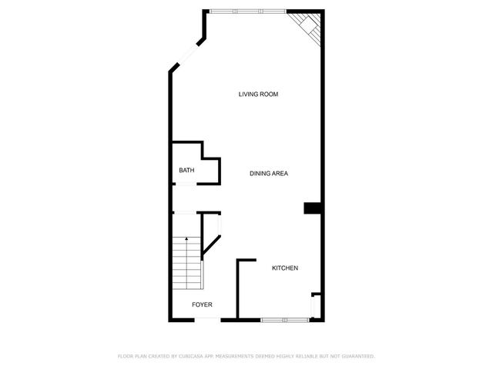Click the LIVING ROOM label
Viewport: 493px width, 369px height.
(x=257, y=94)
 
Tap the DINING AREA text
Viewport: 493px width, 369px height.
(x=269, y=174)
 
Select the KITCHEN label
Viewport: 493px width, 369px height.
(x=284, y=268)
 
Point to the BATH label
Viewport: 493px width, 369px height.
(x=186, y=171)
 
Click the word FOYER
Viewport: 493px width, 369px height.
(x=202, y=304)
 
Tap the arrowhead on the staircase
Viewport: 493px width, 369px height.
(x=186, y=241)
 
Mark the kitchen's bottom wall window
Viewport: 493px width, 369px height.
(x=284, y=318)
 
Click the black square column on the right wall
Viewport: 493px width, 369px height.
(x=313, y=208)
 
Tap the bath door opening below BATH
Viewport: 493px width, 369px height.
(x=186, y=184)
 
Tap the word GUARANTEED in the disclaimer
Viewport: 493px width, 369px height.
(x=355, y=356)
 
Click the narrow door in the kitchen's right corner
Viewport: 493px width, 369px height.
(x=313, y=305)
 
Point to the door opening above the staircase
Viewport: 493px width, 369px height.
(x=186, y=213)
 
